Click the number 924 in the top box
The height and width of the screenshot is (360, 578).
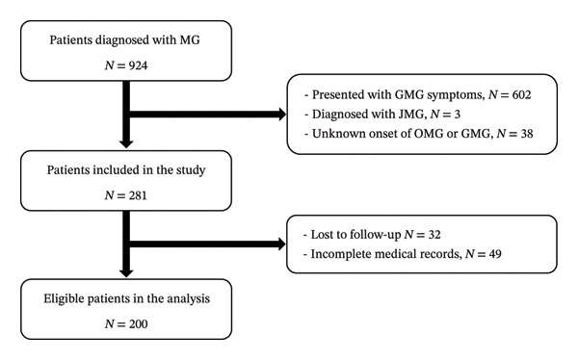138,65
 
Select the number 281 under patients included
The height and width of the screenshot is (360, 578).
138,195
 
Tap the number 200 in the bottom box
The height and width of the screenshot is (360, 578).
138,323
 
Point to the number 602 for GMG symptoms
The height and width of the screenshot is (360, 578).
521,94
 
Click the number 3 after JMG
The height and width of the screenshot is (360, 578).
457,115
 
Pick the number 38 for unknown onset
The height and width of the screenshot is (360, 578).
527,134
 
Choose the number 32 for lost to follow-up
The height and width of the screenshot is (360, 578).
433,234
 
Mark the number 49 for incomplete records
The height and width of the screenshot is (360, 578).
495,254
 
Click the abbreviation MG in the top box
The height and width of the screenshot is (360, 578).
190,39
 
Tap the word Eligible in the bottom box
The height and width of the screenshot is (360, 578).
64,298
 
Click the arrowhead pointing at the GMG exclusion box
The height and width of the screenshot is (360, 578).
282,115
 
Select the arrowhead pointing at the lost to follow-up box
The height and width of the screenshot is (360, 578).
282,244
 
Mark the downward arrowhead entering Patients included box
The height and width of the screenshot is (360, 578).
126,144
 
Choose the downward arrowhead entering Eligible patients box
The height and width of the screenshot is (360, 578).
126,273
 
